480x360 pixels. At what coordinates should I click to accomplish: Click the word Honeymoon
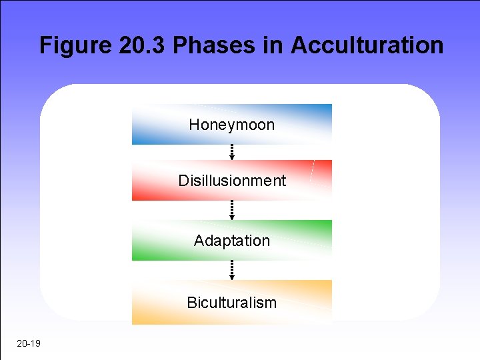[x=231, y=125]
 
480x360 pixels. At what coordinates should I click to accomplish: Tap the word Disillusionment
[x=232, y=181]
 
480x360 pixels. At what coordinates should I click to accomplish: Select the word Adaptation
[x=232, y=241]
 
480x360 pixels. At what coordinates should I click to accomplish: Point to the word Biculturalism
[x=231, y=303]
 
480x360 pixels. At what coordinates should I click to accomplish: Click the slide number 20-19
[x=27, y=343]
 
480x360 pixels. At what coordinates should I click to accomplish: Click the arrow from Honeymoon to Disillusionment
[x=232, y=152]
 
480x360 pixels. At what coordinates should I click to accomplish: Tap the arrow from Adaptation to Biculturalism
[x=232, y=270]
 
